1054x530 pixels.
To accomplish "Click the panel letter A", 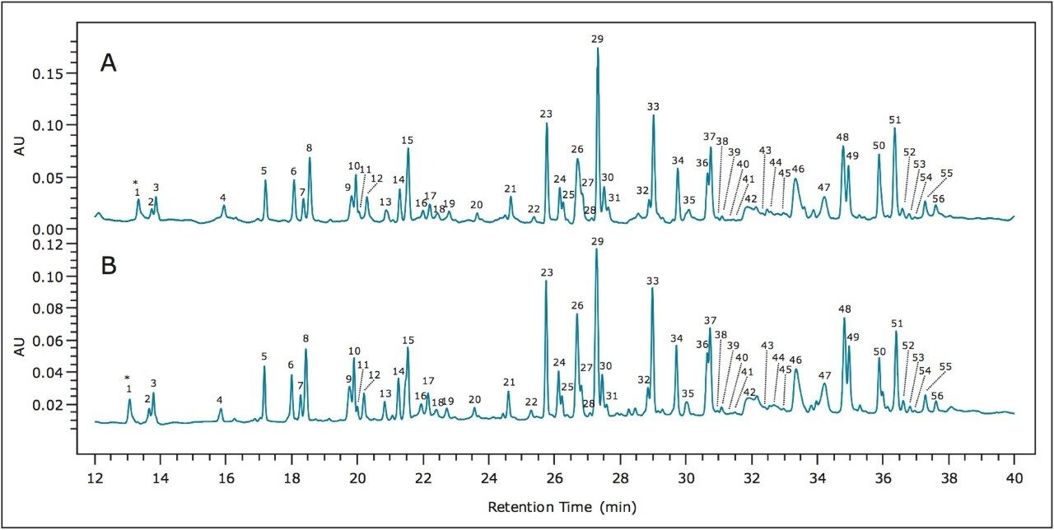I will tap(108, 63).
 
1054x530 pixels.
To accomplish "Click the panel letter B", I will tap(108, 267).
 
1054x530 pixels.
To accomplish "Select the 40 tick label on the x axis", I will tap(1014, 475).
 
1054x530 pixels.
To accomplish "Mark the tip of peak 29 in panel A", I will tap(597, 49).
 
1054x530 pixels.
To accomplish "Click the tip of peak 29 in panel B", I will tap(596, 249).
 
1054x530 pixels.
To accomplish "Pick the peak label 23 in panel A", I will tap(546, 114).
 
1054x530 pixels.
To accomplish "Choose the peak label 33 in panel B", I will tap(653, 281).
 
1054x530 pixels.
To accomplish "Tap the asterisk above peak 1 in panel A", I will tap(136, 182).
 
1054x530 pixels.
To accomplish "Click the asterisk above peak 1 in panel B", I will tap(128, 378).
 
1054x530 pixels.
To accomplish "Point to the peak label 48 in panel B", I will tap(844, 309).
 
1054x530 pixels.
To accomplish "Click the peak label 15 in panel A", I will tap(407, 140).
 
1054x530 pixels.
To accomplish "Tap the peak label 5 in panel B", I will tap(264, 356).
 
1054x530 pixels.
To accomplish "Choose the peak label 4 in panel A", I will tap(222, 198).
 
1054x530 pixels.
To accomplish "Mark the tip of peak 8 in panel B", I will tap(305, 350).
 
